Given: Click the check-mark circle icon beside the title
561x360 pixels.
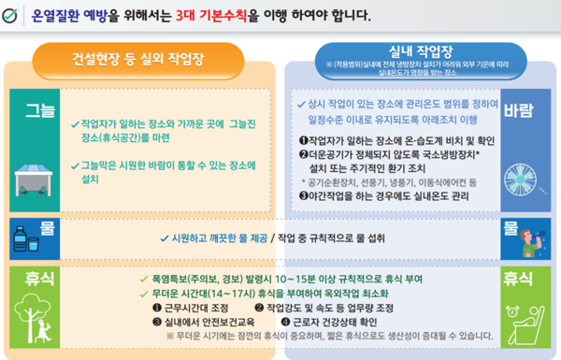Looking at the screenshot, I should (14, 15).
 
